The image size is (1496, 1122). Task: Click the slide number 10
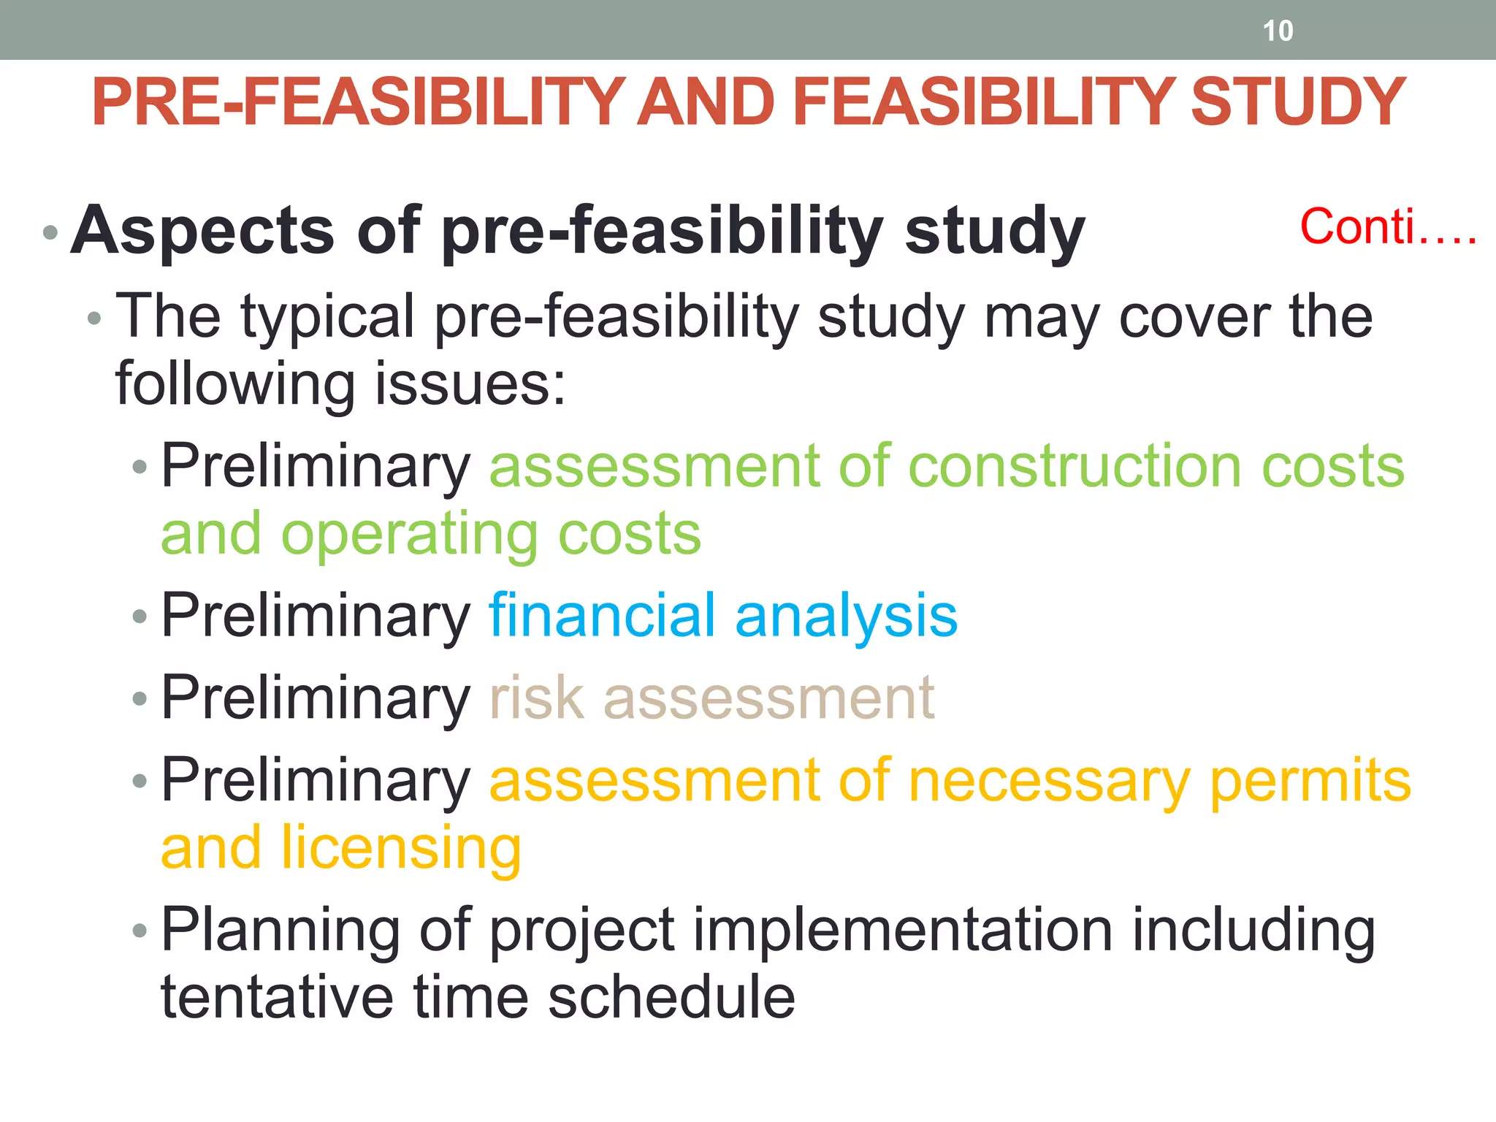point(1278,31)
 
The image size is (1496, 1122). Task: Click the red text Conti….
point(1388,227)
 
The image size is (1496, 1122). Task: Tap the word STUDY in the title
point(1297,102)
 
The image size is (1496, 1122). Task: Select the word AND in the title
point(706,102)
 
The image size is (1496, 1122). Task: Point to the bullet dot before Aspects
point(50,234)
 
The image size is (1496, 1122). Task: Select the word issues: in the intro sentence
point(470,384)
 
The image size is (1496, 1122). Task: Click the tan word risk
point(537,698)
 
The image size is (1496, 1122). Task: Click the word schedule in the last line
point(671,998)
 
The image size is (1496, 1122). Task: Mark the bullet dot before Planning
point(140,931)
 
